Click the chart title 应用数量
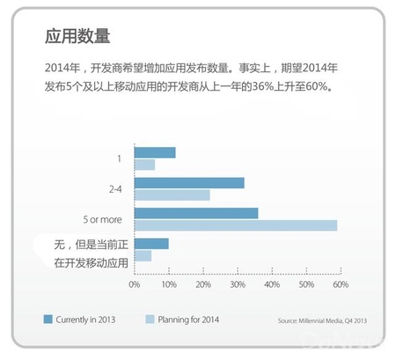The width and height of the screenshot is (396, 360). click(77, 36)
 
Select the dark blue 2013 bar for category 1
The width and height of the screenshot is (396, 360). click(155, 152)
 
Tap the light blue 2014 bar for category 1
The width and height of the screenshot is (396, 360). click(145, 165)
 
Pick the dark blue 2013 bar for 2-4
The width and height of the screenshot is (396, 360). click(189, 183)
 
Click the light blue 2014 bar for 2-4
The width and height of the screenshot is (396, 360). click(172, 195)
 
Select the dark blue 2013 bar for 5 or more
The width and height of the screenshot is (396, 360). click(196, 213)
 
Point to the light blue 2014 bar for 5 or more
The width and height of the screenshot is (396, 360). click(236, 225)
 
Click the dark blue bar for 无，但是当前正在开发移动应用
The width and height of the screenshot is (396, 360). click(151, 244)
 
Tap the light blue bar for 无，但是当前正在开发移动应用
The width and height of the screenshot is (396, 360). click(143, 256)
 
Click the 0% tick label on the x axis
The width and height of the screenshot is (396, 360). click(135, 284)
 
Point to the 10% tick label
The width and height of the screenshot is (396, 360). click(169, 284)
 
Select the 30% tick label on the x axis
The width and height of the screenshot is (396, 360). click(238, 284)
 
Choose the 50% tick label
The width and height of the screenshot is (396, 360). click(306, 284)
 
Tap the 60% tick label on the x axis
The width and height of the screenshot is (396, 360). click(341, 284)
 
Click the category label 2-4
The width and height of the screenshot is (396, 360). click(115, 189)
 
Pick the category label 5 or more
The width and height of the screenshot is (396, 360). click(102, 219)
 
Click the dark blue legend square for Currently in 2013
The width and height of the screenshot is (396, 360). click(48, 320)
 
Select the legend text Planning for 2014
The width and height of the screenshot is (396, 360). click(188, 320)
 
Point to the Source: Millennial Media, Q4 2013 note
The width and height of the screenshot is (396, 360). click(322, 320)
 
